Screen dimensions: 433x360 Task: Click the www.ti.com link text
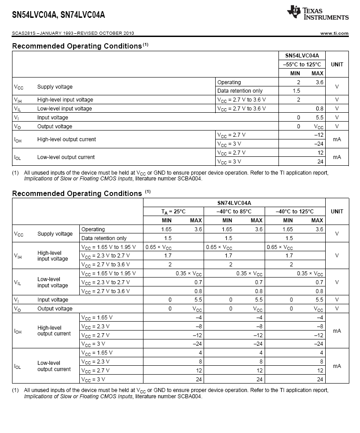334,33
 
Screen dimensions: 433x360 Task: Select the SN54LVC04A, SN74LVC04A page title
58,15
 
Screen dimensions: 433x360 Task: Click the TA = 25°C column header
173,212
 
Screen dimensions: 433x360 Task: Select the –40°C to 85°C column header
234,212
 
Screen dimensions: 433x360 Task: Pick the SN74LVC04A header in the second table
234,203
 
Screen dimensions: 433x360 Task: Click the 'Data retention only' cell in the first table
240,91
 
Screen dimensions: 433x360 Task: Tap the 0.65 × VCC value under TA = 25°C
160,247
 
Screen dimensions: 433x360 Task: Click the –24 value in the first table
318,144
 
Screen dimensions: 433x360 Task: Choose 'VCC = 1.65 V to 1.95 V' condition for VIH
108,247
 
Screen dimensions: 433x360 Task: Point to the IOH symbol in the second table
18,331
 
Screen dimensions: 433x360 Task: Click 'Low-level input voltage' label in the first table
65,109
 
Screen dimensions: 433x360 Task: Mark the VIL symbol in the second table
18,282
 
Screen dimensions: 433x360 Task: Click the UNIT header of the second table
337,212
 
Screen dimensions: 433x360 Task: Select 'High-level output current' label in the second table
54,331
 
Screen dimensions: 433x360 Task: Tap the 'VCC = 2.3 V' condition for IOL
95,362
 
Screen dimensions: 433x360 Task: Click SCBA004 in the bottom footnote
191,396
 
